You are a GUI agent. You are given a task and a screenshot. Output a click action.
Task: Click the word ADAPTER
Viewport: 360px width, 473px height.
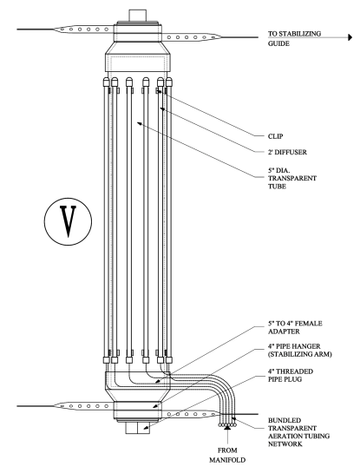(x=279, y=336)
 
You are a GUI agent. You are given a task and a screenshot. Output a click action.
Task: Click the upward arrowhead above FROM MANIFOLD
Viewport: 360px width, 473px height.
(x=228, y=428)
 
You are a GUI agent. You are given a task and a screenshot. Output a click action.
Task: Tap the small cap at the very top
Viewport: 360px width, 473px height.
(x=138, y=15)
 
